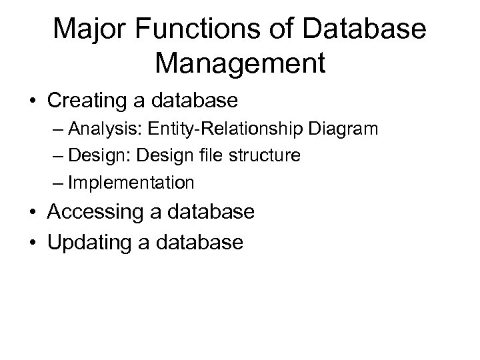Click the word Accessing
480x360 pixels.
pos(96,212)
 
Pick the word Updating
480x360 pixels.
pos(90,243)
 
